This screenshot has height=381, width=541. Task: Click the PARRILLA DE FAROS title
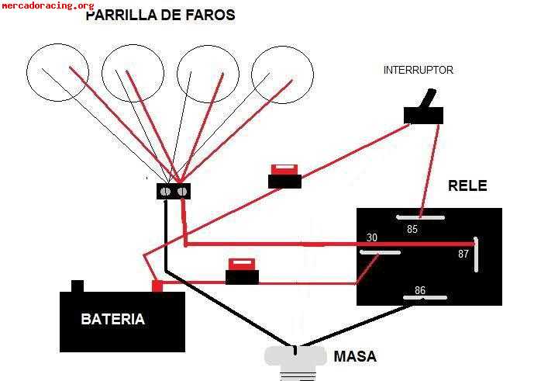(x=160, y=16)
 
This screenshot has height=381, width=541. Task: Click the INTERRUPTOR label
(x=418, y=71)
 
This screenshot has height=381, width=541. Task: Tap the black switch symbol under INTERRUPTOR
(x=423, y=113)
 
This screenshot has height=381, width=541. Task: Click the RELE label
(x=467, y=186)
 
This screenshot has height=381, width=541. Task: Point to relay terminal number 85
(x=412, y=230)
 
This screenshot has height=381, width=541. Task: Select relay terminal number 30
(x=372, y=238)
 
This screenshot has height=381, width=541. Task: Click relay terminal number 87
(x=463, y=254)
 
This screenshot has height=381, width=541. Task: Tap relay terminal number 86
(x=419, y=291)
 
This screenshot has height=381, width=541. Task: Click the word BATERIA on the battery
(x=112, y=319)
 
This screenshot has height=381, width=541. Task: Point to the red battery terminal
(x=157, y=286)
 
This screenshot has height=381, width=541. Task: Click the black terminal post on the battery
(x=77, y=286)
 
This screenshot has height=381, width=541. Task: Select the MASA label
(x=354, y=357)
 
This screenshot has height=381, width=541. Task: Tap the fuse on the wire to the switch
(x=284, y=178)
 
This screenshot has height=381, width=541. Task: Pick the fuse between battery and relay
(x=242, y=273)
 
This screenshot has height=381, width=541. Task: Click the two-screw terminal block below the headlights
(x=174, y=191)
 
